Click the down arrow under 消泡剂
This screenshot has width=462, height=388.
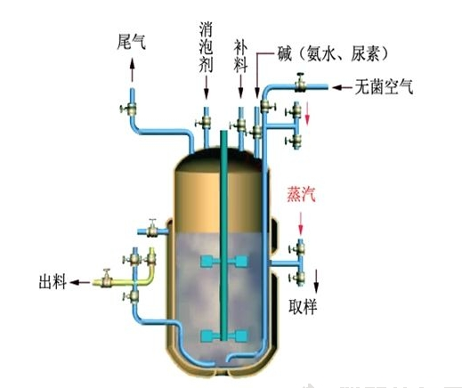point(206,90)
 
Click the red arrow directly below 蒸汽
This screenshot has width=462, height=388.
point(299,222)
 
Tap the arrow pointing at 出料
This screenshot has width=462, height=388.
point(78,281)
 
